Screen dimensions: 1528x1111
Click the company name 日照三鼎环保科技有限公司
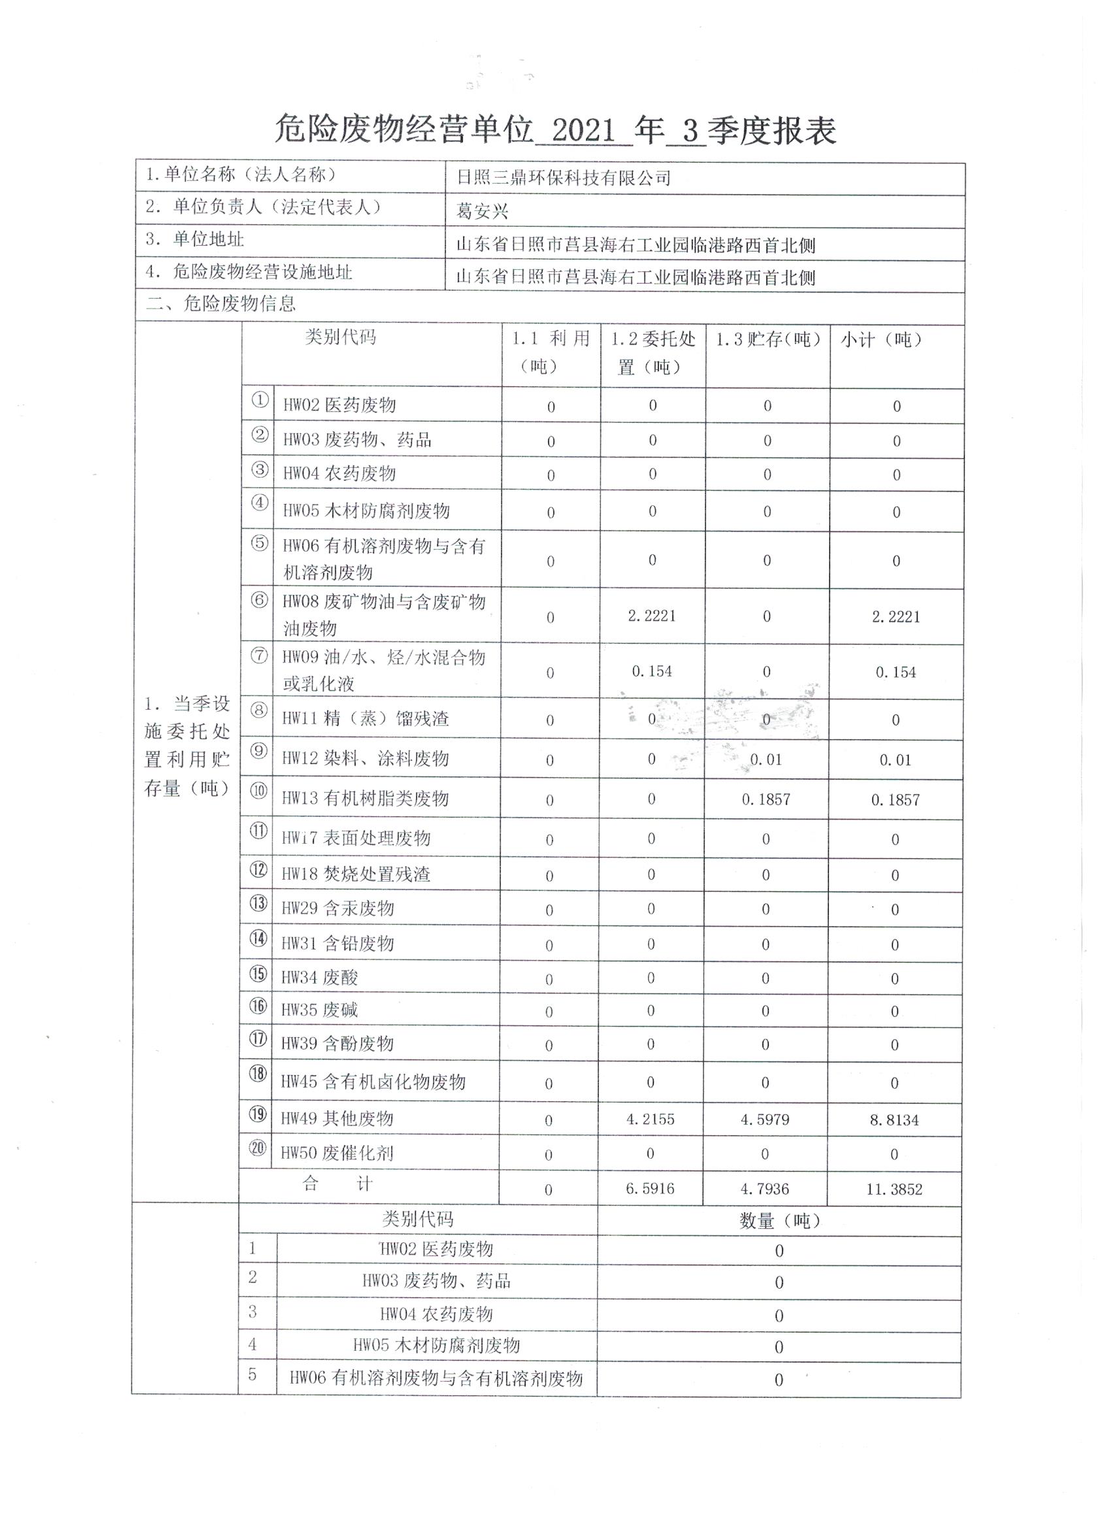(x=563, y=178)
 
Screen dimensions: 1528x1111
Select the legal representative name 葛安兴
(x=482, y=212)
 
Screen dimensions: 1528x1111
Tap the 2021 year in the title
(x=583, y=130)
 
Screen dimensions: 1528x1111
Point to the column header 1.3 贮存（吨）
(x=767, y=340)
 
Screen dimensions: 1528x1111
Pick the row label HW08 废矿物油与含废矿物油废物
(x=384, y=615)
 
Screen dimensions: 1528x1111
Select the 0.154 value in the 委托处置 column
(x=652, y=671)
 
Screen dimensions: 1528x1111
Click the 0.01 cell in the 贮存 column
(x=766, y=760)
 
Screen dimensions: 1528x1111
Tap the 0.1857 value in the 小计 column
(x=895, y=800)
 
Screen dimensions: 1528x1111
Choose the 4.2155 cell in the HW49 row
(x=650, y=1119)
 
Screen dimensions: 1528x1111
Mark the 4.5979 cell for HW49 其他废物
(x=765, y=1120)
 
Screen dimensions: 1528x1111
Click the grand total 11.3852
(x=894, y=1189)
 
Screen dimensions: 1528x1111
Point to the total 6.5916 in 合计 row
(x=650, y=1188)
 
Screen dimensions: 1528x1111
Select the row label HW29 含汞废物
(x=337, y=908)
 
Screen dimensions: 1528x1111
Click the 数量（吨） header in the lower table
(x=779, y=1221)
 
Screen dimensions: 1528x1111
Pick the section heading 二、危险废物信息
(x=221, y=304)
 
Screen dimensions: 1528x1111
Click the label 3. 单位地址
(x=195, y=239)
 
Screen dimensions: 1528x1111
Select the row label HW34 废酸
(x=320, y=977)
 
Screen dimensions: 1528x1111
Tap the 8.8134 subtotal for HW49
(x=894, y=1120)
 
